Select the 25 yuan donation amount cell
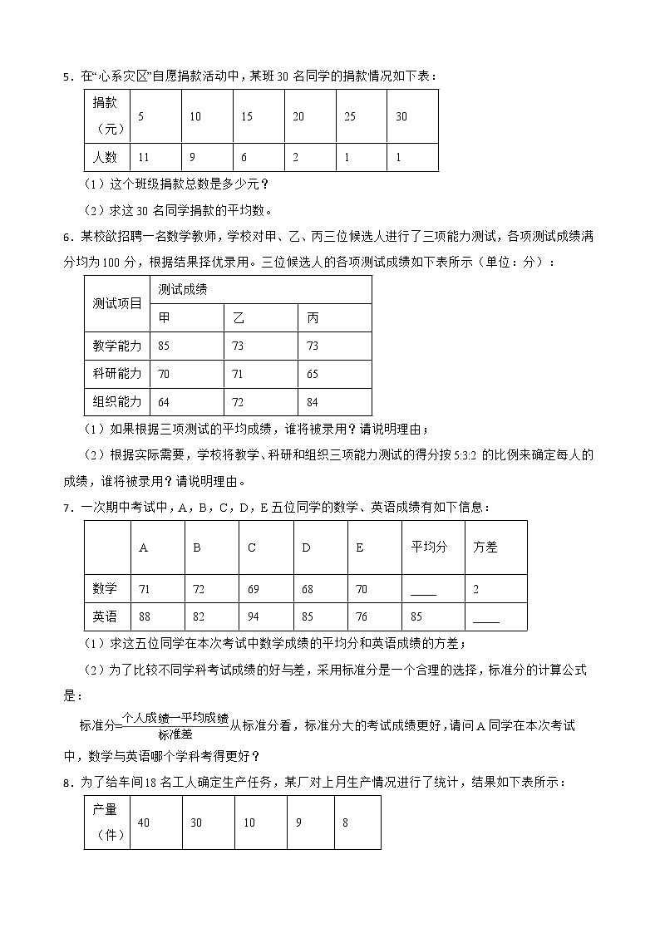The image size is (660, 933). click(x=350, y=116)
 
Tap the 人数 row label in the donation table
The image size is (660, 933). click(x=106, y=157)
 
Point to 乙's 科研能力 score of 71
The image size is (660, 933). click(x=239, y=374)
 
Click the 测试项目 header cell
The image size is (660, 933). click(x=117, y=303)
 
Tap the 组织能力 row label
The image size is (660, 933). click(x=117, y=402)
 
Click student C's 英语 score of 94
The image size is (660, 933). click(x=253, y=616)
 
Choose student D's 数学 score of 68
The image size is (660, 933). click(x=308, y=589)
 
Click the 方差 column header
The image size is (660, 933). click(x=485, y=548)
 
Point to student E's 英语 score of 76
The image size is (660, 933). click(x=361, y=616)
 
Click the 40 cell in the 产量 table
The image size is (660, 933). click(x=143, y=822)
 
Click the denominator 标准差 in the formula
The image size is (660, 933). click(x=175, y=734)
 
